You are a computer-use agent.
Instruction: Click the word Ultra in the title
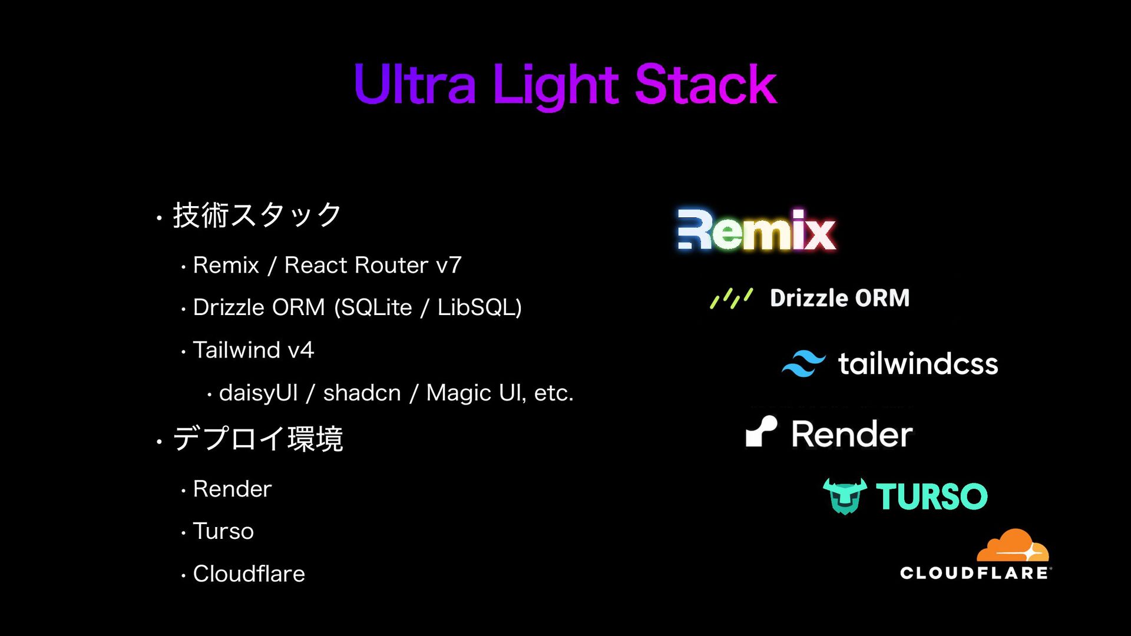point(414,85)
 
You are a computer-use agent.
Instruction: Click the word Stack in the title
point(706,85)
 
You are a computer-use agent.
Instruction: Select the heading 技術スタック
point(257,216)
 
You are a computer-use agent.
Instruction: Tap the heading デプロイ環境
point(257,439)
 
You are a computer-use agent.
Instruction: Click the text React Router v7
point(373,266)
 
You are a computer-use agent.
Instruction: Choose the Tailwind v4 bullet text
point(253,350)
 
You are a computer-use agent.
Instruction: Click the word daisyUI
point(258,393)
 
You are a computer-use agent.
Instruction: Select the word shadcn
point(362,393)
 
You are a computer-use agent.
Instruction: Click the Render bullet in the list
point(232,489)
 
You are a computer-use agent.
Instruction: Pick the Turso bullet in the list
point(223,532)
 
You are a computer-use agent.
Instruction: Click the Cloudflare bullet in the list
point(249,574)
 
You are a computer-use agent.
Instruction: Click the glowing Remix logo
point(756,230)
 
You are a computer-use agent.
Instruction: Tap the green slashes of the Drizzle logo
point(731,299)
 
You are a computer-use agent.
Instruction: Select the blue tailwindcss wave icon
point(803,363)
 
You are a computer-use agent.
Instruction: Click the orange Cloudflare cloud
point(1013,546)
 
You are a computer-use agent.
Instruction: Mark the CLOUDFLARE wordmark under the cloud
point(974,573)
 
